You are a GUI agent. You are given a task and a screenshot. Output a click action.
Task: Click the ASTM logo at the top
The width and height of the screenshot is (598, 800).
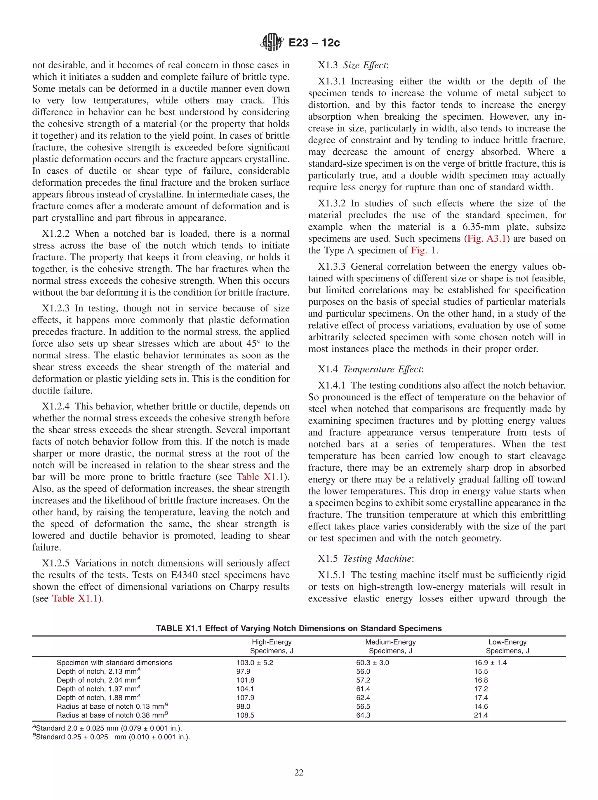pyautogui.click(x=271, y=42)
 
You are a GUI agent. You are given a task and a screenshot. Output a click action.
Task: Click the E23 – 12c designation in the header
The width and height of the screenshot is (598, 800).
pyautogui.click(x=314, y=43)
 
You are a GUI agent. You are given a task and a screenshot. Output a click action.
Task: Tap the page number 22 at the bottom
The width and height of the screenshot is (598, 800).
pyautogui.click(x=299, y=773)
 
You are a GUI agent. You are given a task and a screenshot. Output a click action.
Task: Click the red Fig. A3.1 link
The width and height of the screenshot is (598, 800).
pyautogui.click(x=486, y=239)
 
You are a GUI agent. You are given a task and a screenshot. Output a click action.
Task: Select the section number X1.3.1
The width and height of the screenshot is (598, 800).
pyautogui.click(x=332, y=81)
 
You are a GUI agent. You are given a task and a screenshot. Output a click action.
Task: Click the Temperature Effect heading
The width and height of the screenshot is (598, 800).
pyautogui.click(x=382, y=369)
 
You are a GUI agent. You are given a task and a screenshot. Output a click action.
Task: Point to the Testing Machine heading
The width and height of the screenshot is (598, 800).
pyautogui.click(x=377, y=559)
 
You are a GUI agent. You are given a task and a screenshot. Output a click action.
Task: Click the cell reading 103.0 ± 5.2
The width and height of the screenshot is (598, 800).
pyautogui.click(x=255, y=663)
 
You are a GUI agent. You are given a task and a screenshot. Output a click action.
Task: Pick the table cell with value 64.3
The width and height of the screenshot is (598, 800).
pyautogui.click(x=363, y=715)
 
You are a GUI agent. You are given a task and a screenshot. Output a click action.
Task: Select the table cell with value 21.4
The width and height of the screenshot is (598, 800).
pyautogui.click(x=481, y=715)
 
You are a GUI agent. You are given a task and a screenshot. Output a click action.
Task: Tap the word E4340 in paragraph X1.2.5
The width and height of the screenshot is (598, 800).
pyautogui.click(x=195, y=575)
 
